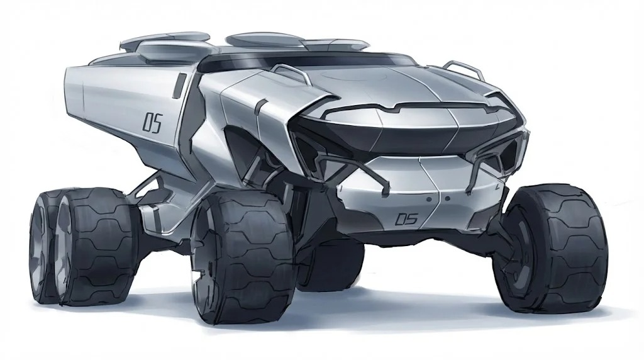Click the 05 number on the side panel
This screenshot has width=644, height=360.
pyautogui.click(x=152, y=123)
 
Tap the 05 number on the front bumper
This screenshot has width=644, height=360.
pyautogui.click(x=406, y=218)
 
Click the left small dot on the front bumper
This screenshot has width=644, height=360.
pyautogui.click(x=429, y=199)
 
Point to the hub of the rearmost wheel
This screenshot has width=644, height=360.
pyautogui.click(x=38, y=247)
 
